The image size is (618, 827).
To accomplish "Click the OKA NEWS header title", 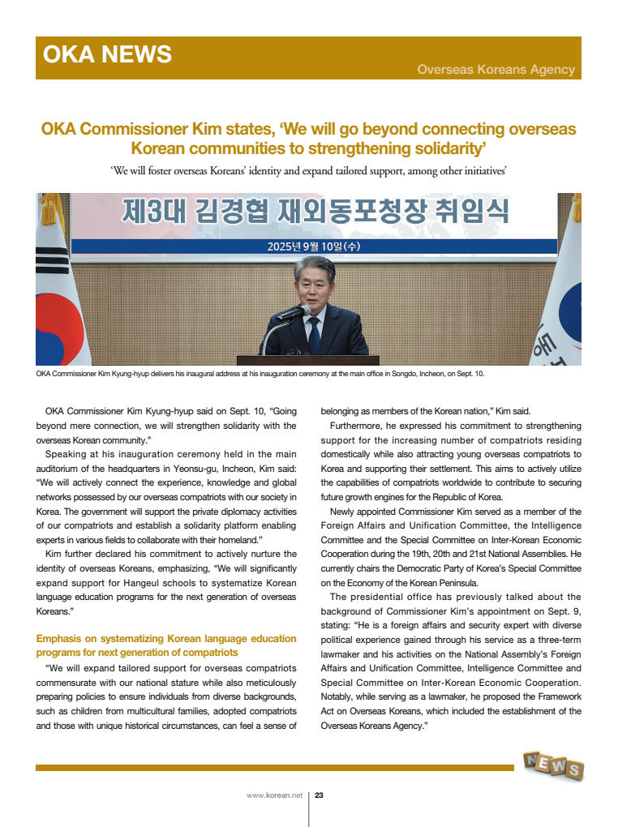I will point(107,55).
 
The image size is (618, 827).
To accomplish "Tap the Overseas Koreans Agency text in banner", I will point(496,70).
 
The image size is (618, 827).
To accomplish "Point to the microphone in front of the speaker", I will point(294,313).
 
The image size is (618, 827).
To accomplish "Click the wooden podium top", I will point(307,359).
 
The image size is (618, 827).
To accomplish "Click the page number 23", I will point(320,795).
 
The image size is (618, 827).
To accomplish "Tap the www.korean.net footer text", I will point(274,795).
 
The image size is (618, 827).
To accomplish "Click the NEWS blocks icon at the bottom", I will point(552,765).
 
